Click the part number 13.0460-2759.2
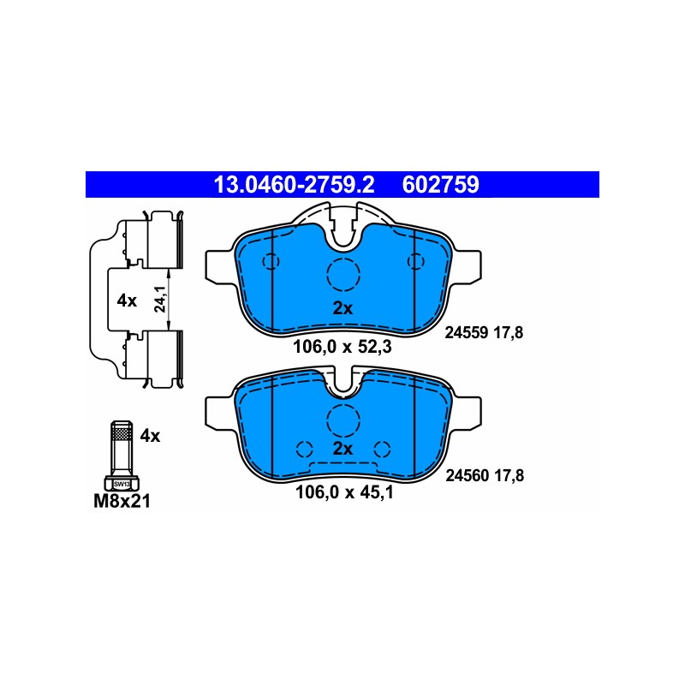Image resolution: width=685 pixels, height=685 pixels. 294,185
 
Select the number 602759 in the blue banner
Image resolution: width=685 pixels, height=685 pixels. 440,185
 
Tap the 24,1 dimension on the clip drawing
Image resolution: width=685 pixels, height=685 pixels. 160,299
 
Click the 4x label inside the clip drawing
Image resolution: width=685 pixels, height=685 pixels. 127,301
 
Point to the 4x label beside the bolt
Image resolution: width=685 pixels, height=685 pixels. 150,436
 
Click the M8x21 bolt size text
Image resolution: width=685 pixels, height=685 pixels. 122,501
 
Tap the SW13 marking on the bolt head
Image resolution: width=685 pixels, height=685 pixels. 122,484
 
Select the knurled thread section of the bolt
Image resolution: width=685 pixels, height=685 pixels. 122,434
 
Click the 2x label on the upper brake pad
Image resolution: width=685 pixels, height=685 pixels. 342,308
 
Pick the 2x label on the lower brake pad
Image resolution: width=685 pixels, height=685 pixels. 342,449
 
